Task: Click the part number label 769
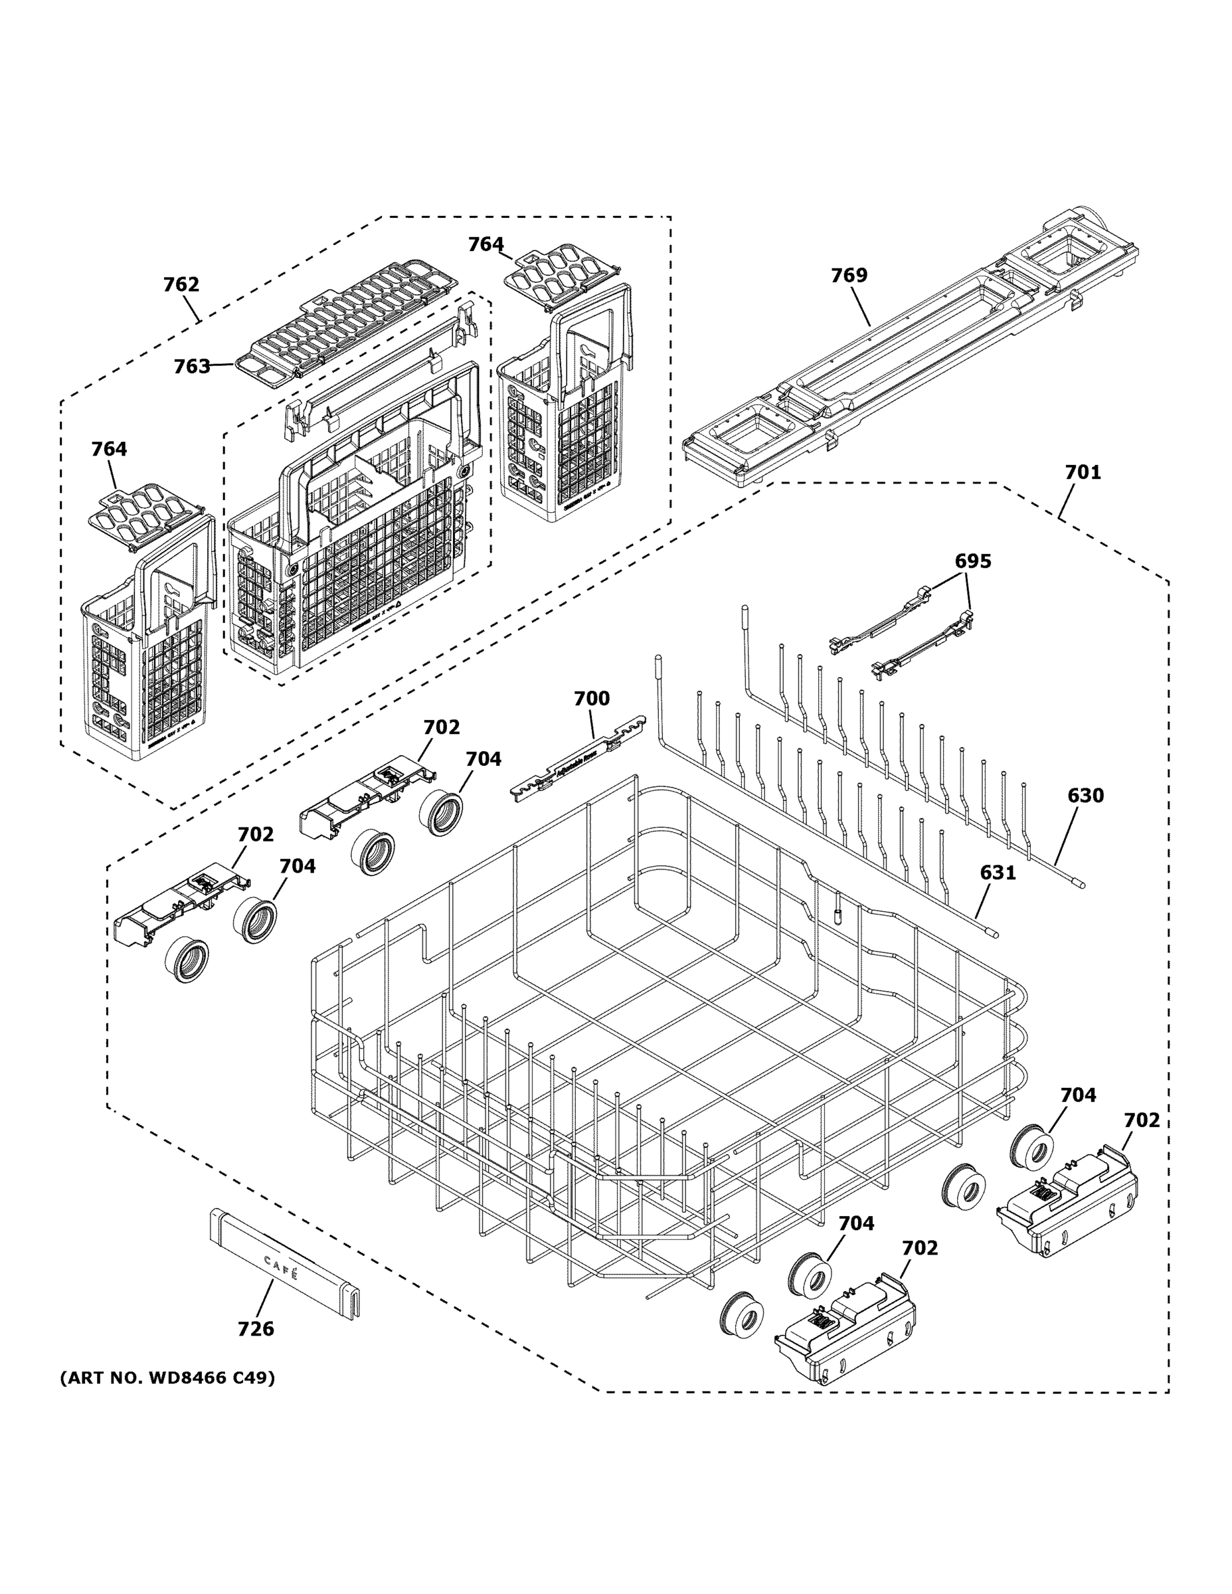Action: [x=849, y=275]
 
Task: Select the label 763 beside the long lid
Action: [x=191, y=367]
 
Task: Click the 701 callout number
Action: [x=1083, y=472]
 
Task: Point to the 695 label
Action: [x=973, y=561]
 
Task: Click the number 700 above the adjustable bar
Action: [x=591, y=699]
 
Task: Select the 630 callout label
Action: [x=1085, y=796]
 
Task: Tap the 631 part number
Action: [x=997, y=872]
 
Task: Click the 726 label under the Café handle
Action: [x=256, y=1328]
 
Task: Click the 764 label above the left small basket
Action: [x=109, y=449]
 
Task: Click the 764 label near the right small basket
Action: [x=485, y=244]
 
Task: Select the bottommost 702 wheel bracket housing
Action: [x=847, y=1336]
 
